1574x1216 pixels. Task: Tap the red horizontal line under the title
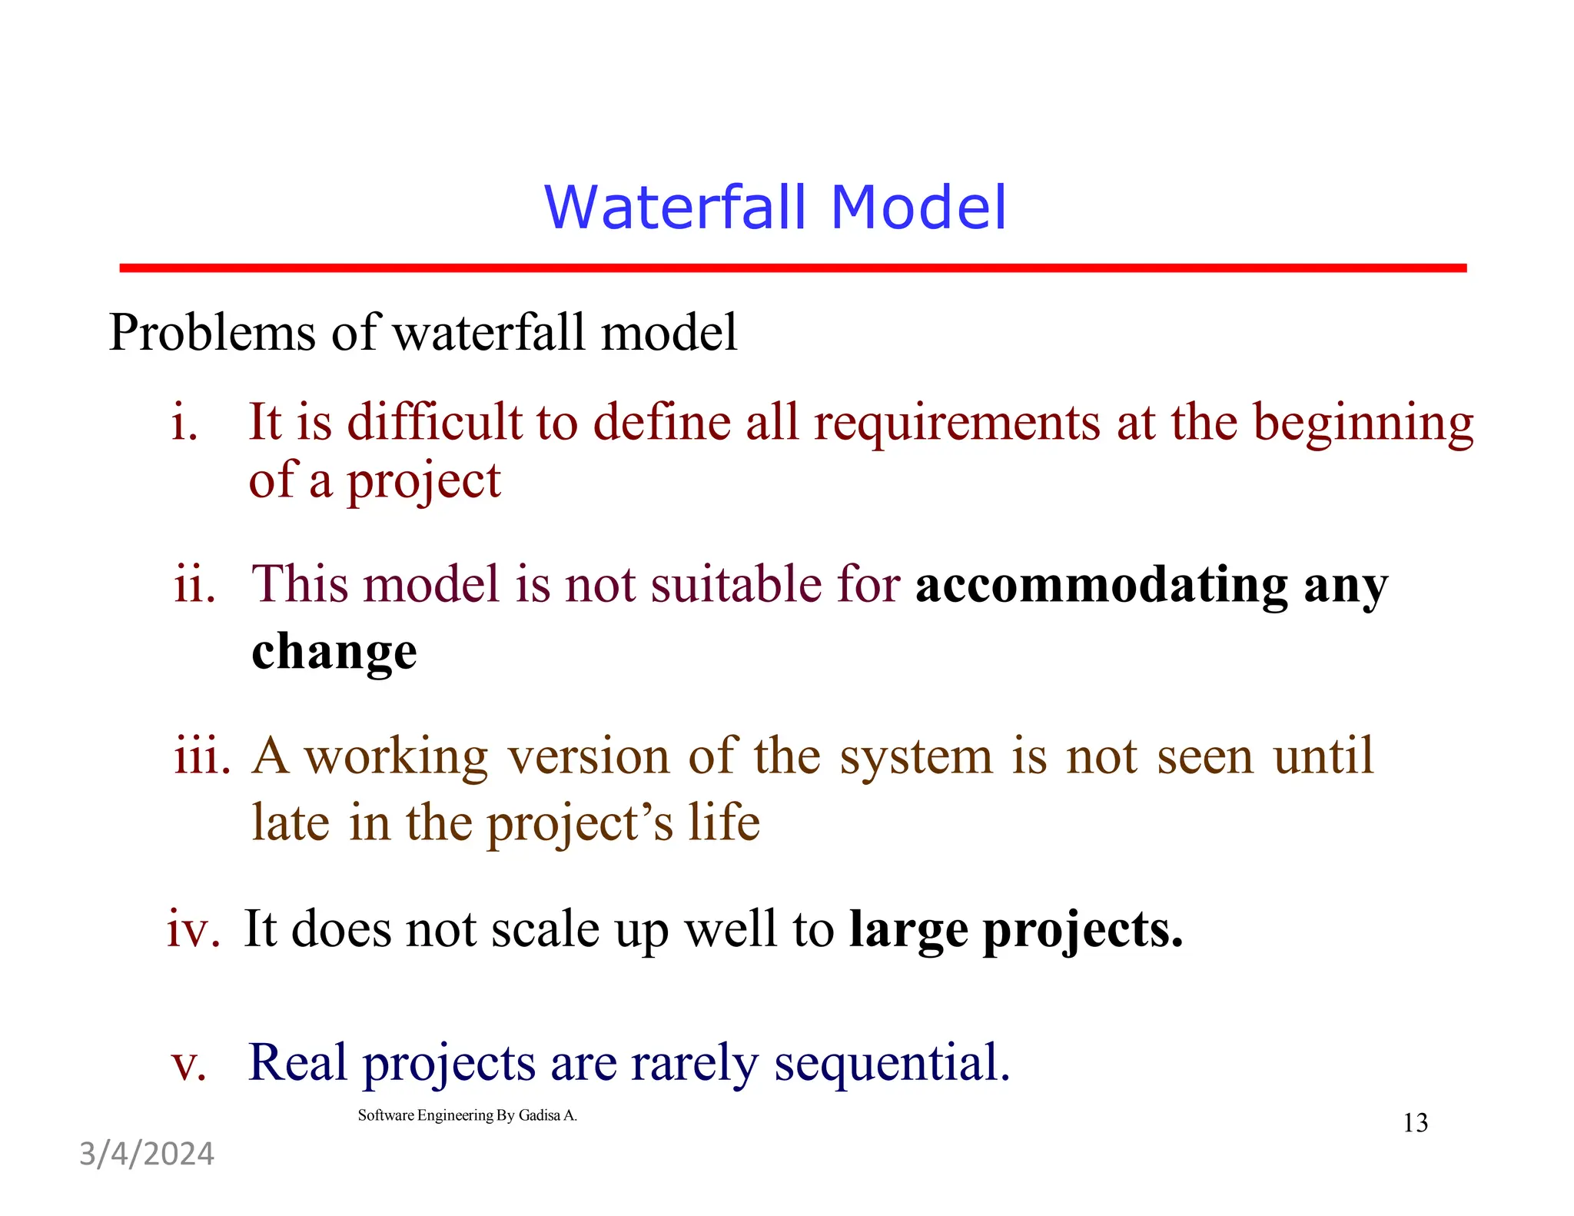click(x=792, y=267)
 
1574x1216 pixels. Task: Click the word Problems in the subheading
click(x=212, y=333)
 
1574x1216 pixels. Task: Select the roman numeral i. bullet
click(x=184, y=423)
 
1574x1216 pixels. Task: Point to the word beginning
click(x=1363, y=424)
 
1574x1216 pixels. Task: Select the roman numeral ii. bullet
click(x=194, y=584)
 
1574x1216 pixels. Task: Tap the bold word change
click(x=334, y=652)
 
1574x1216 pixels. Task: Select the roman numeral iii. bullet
click(x=201, y=756)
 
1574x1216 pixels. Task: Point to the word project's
click(x=579, y=824)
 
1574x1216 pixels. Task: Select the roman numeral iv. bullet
click(x=193, y=929)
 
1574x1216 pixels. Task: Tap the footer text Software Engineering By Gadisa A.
click(x=467, y=1115)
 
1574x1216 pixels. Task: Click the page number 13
click(x=1415, y=1123)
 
